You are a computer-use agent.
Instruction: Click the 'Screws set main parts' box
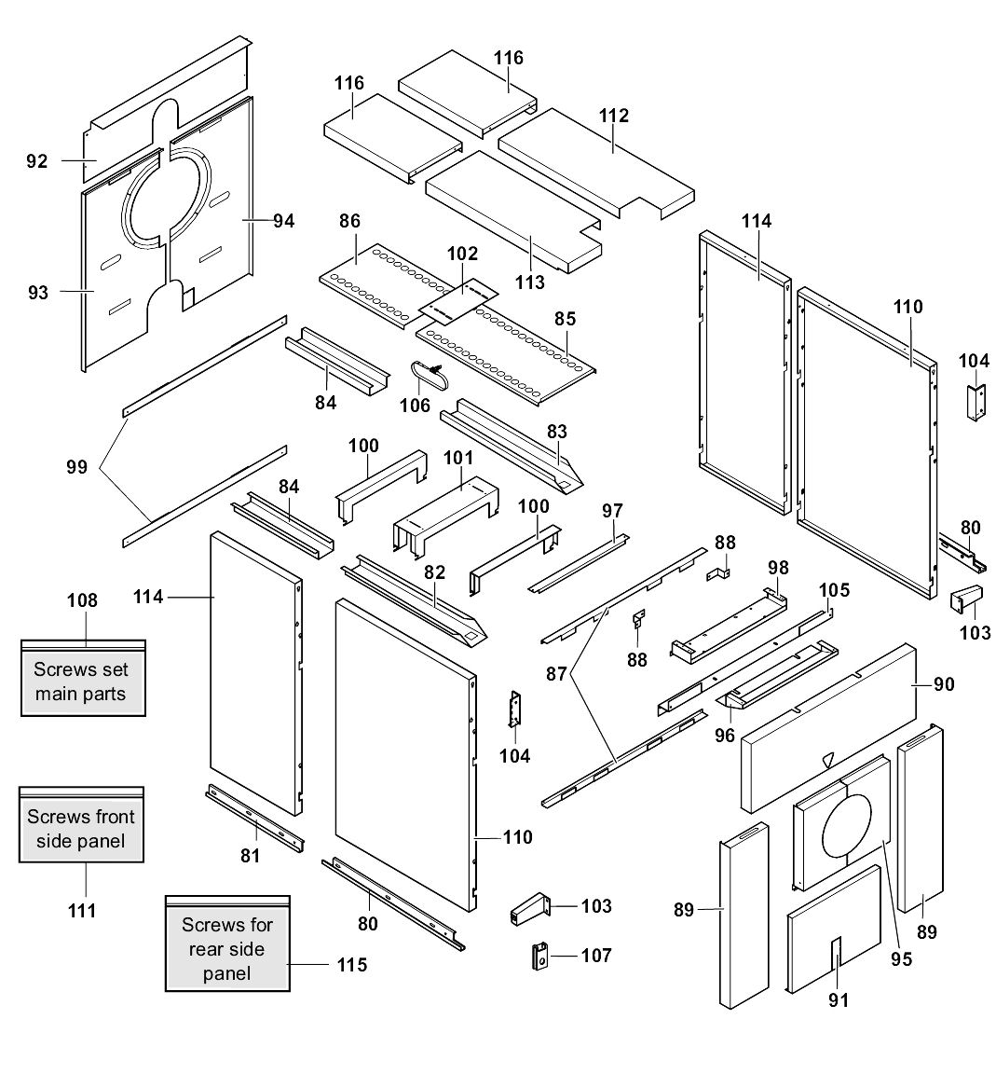tap(82, 681)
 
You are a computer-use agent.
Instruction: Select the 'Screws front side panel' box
tap(82, 829)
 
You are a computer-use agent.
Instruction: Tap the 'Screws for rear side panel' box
tap(227, 948)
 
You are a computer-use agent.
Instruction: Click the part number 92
tap(37, 161)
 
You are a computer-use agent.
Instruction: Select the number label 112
tap(614, 116)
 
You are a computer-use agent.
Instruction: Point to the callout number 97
tap(612, 510)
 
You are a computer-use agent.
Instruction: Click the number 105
tap(834, 589)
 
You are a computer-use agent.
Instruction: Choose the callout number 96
tap(724, 735)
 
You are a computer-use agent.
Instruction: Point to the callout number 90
tap(943, 684)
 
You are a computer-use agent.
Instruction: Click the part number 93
tap(37, 293)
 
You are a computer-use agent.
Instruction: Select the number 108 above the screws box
tap(82, 600)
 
